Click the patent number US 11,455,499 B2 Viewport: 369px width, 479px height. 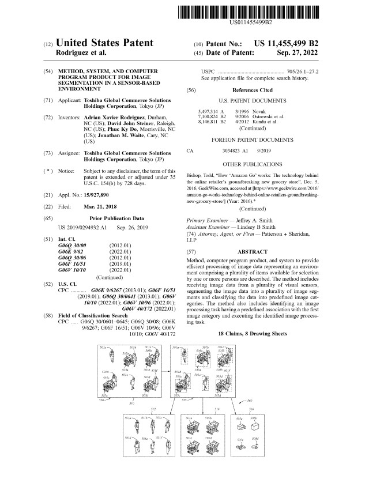(x=288, y=43)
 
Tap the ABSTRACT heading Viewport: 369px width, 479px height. (x=252, y=252)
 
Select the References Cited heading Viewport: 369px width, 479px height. (x=252, y=90)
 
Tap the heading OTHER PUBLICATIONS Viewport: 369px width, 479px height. (x=252, y=164)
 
